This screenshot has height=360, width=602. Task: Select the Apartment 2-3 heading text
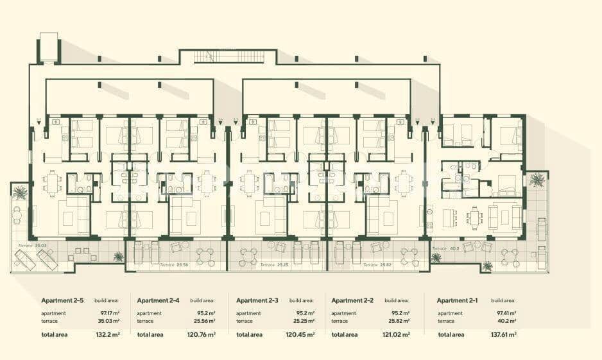tap(257, 300)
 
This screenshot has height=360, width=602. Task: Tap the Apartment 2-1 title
tap(458, 300)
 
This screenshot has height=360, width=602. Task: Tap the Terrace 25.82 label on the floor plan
tap(377, 264)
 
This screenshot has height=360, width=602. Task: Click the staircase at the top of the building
tap(228, 56)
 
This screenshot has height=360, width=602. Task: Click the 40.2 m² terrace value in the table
tap(505, 321)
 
